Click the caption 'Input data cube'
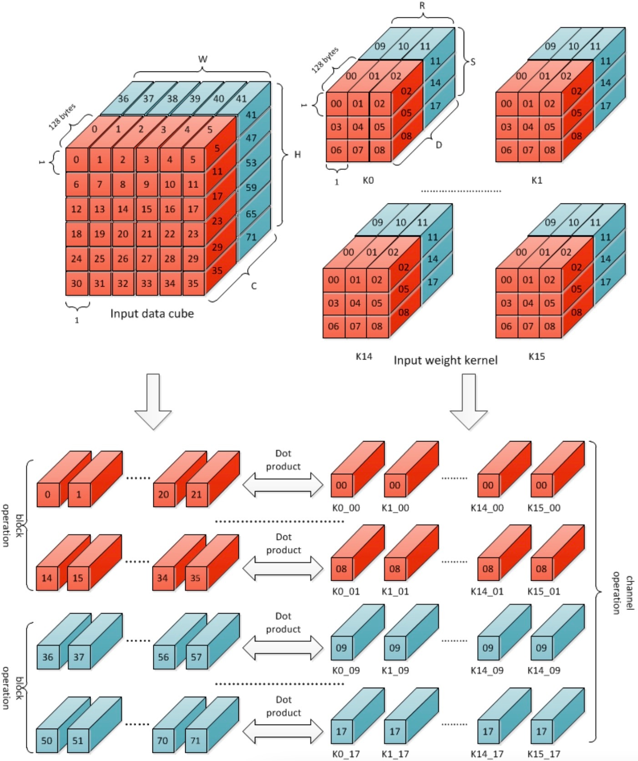(152, 314)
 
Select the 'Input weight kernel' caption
(445, 360)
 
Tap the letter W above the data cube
(203, 59)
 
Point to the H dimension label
(297, 155)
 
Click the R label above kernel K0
(422, 6)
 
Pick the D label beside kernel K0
(439, 145)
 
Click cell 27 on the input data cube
(146, 259)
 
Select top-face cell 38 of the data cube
(172, 98)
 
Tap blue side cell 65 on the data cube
(251, 213)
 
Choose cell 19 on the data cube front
(99, 234)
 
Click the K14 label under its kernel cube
(364, 356)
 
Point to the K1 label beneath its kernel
(537, 180)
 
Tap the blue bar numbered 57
(196, 657)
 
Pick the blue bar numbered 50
(47, 741)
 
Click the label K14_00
(487, 508)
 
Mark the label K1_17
(395, 754)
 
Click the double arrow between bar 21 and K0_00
(283, 484)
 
